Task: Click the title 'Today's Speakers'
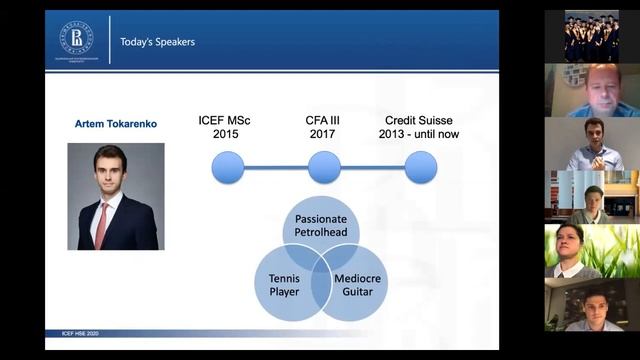point(157,42)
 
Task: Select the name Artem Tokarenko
point(115,124)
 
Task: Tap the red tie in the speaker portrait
point(101,225)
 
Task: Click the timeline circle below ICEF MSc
point(228,167)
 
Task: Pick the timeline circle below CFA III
point(324,167)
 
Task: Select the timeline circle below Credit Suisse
point(420,167)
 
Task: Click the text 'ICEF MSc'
point(224,121)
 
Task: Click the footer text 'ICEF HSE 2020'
point(72,332)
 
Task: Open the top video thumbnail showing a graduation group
point(589,37)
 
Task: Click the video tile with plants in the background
point(589,251)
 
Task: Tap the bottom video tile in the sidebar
point(589,305)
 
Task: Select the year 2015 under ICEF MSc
point(224,134)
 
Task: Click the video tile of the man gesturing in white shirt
point(589,144)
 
